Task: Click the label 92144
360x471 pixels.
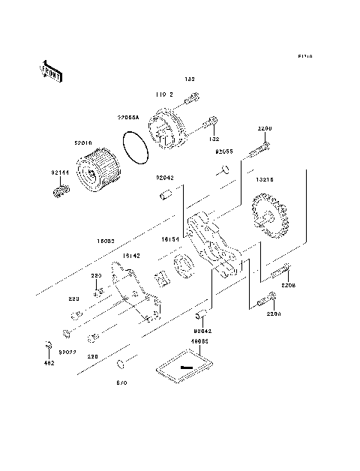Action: point(60,172)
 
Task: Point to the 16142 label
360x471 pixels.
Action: point(131,256)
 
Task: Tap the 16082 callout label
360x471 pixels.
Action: point(106,241)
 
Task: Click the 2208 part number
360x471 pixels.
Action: point(289,286)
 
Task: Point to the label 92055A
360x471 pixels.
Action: point(128,118)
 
